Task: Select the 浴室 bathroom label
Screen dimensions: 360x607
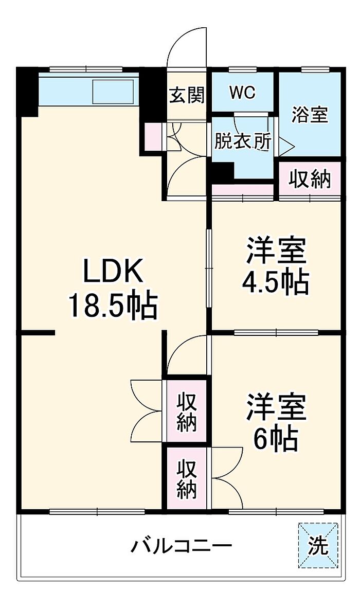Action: (x=310, y=115)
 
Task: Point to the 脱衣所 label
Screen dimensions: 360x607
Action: (x=243, y=141)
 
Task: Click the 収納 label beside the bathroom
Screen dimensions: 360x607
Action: (x=311, y=179)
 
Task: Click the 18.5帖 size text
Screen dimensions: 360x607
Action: (x=113, y=306)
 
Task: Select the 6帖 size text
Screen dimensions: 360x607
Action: (x=275, y=439)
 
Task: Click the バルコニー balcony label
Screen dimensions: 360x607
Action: (x=182, y=546)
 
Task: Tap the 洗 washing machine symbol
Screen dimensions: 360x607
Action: (x=318, y=545)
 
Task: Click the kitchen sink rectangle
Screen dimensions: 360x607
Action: (x=113, y=92)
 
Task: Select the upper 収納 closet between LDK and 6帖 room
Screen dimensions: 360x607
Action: (x=187, y=412)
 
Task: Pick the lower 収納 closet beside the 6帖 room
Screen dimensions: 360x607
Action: (x=187, y=478)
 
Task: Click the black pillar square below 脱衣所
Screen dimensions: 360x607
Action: (x=221, y=171)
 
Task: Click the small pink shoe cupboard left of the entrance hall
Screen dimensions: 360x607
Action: (x=153, y=136)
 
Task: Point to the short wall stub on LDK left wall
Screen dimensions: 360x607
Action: (x=37, y=332)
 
